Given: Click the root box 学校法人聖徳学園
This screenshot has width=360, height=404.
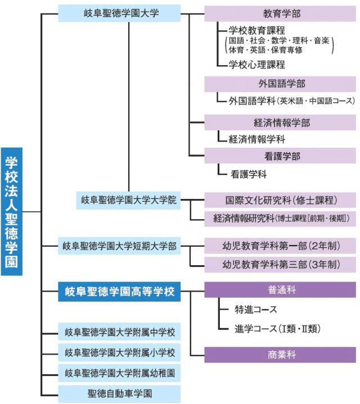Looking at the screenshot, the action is point(12,211).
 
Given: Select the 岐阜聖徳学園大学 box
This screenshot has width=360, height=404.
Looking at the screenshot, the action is point(119,13).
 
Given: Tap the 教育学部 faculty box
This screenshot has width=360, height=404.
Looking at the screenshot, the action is point(280,13).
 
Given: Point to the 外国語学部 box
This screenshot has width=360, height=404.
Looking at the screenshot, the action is point(280,84).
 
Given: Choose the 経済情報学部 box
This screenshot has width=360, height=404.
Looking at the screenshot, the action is point(280,122).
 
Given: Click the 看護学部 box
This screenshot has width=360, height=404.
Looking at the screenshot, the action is point(280,156).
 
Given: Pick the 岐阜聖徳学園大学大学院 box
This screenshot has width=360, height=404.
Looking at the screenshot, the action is point(128,200).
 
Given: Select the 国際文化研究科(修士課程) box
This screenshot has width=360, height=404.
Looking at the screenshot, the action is point(280,200).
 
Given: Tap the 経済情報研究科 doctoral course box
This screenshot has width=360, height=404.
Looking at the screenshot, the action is point(280,219).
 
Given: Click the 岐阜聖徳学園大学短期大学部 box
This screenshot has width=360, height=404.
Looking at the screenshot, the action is point(119,246).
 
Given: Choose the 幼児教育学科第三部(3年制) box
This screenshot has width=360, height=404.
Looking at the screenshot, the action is point(280,265).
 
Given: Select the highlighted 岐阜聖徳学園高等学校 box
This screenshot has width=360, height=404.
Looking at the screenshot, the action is point(119,292).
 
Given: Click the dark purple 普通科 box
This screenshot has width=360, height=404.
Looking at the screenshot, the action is point(280,289).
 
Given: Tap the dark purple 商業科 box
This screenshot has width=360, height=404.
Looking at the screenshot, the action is point(280,355).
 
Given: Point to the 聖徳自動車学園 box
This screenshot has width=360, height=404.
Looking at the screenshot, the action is point(119,393).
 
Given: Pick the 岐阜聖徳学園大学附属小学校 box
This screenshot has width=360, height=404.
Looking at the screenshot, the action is point(119,352).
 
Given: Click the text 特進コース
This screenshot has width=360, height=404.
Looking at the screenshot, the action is point(255,309).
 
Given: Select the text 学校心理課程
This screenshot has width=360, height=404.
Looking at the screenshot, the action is point(256,65).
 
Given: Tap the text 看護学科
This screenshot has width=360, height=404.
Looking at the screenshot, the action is point(248,174).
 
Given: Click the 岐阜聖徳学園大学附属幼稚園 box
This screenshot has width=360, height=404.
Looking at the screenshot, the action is point(119,373).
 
